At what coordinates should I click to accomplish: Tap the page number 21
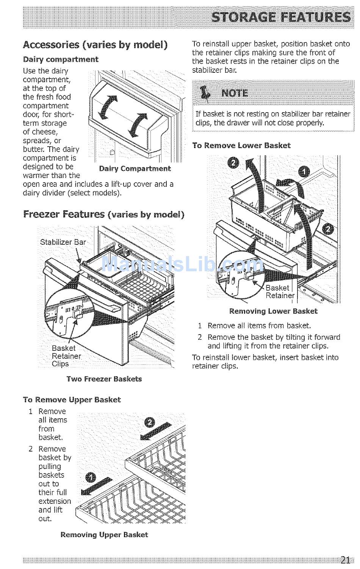click(344, 559)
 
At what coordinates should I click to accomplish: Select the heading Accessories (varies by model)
click(95, 45)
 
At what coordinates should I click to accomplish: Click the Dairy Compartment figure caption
click(135, 169)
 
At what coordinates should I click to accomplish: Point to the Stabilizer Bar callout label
click(63, 242)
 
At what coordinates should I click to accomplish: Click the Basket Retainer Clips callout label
click(66, 356)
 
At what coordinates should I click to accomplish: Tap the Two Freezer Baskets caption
click(104, 379)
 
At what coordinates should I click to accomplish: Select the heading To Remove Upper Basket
click(72, 400)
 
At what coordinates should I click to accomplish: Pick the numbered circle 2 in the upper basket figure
click(150, 422)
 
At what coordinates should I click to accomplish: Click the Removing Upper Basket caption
click(104, 535)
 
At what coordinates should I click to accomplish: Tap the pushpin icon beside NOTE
click(205, 93)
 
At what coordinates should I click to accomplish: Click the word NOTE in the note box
click(235, 93)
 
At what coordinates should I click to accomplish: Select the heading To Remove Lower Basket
click(241, 145)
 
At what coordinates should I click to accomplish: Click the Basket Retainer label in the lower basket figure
click(280, 292)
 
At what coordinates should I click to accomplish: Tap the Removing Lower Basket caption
click(273, 311)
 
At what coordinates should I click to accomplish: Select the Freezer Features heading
click(103, 214)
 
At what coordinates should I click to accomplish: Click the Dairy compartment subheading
click(61, 59)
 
